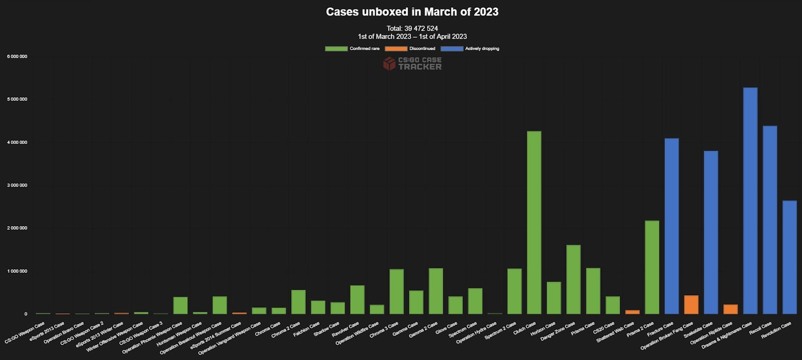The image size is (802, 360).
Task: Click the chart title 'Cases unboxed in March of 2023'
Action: pyautogui.click(x=412, y=12)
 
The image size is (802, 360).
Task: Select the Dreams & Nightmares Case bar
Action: pyautogui.click(x=750, y=201)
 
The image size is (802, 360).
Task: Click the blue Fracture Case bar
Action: pyautogui.click(x=671, y=226)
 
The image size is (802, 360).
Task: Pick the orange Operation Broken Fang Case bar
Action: pyautogui.click(x=691, y=304)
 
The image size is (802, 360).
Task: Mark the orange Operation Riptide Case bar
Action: pyautogui.click(x=730, y=309)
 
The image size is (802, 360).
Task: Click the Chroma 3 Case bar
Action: pyautogui.click(x=396, y=291)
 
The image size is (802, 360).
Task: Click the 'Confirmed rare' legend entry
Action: pyautogui.click(x=352, y=49)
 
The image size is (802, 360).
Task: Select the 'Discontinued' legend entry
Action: pyautogui.click(x=411, y=49)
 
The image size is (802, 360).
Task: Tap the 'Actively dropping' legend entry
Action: pyautogui.click(x=470, y=49)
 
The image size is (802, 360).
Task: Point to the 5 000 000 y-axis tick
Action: pyautogui.click(x=17, y=99)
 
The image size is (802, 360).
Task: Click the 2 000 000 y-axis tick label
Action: pyautogui.click(x=17, y=228)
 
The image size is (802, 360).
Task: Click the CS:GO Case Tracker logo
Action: pyautogui.click(x=412, y=63)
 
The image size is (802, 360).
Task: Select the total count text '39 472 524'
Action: pyautogui.click(x=421, y=29)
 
